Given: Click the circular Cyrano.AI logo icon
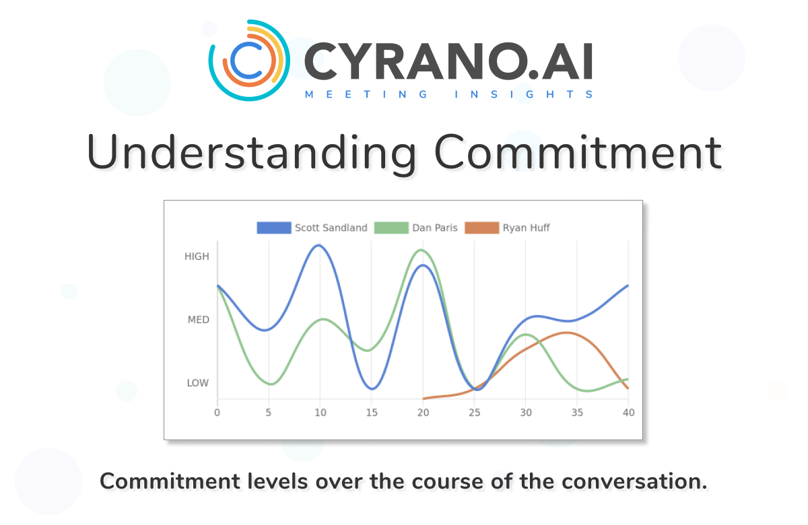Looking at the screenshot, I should [x=249, y=61].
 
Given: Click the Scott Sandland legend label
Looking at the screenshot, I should [x=331, y=228].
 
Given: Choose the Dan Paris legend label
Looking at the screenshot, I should [x=434, y=228].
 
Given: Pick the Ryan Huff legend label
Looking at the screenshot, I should [x=526, y=228].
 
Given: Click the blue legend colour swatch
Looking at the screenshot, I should [x=273, y=228].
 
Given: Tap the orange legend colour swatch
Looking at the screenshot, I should [x=481, y=228].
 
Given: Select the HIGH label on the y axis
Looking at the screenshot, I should [x=197, y=256].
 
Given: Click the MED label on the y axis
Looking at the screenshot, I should [x=198, y=320].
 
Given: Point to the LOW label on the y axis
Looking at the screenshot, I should [x=197, y=383].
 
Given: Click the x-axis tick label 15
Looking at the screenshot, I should [x=371, y=412].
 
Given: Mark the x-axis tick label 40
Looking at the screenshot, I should [x=628, y=412].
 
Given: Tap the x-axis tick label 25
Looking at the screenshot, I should [x=474, y=412].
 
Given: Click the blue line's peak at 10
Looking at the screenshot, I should [x=319, y=246].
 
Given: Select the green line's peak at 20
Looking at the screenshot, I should [x=422, y=250].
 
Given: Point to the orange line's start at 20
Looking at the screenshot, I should [x=423, y=398].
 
